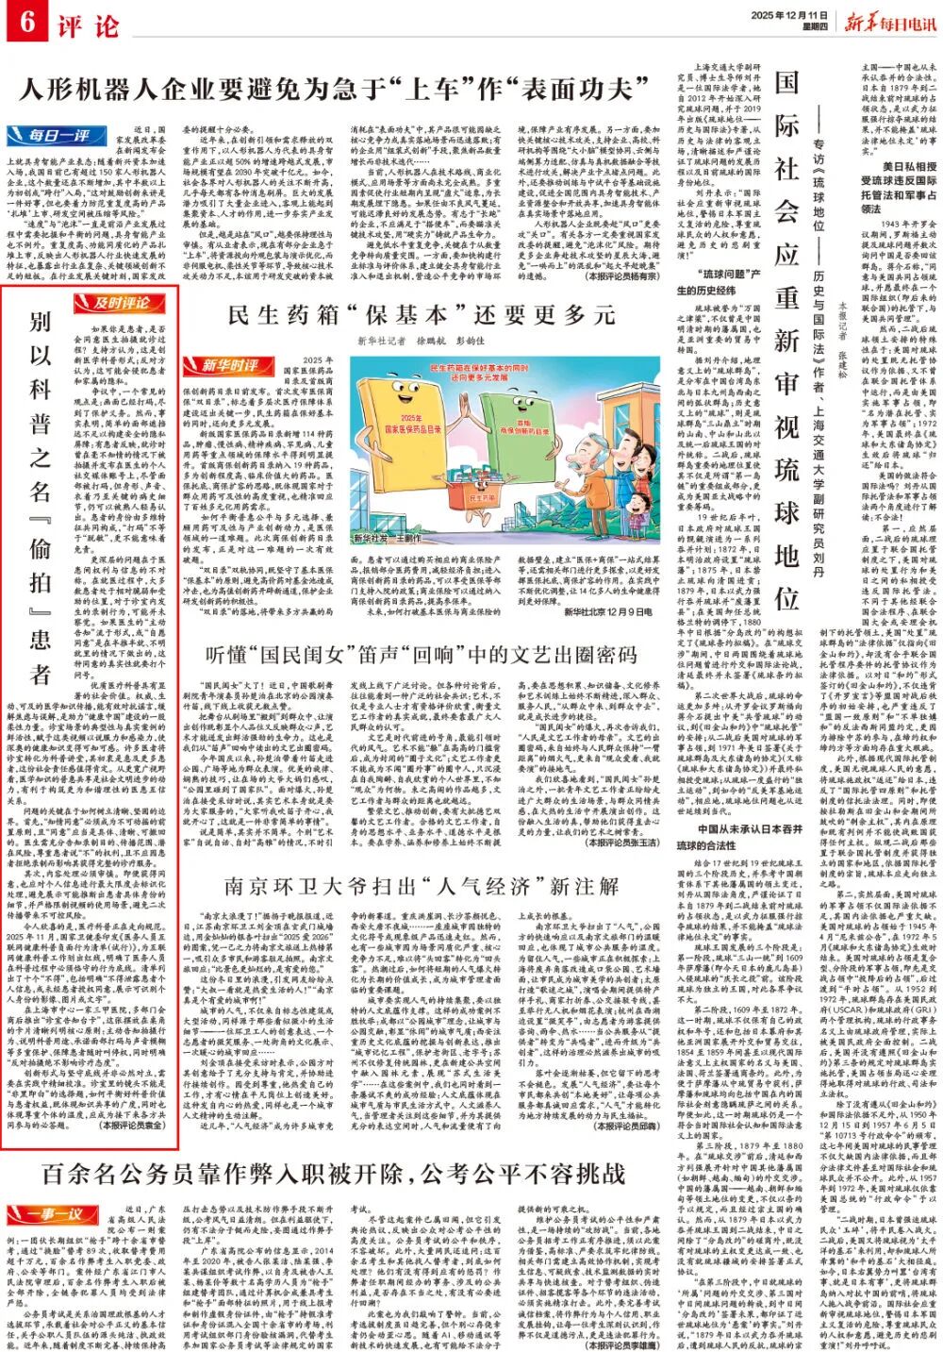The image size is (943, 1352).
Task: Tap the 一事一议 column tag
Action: pos(44,1211)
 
